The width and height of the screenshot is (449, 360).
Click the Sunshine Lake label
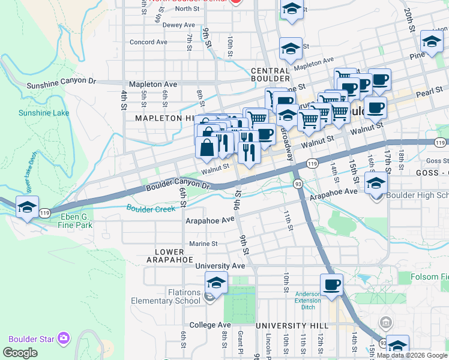click(x=43, y=113)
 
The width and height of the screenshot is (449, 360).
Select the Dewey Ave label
click(x=179, y=25)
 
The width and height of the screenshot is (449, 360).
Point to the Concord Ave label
click(x=148, y=42)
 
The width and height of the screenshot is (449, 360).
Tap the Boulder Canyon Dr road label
click(x=178, y=184)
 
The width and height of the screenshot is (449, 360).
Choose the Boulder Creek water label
click(x=151, y=208)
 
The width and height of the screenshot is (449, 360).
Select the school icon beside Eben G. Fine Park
click(x=27, y=207)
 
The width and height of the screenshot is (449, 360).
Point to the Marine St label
click(x=203, y=244)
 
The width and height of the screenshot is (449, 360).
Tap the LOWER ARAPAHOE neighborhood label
click(x=169, y=256)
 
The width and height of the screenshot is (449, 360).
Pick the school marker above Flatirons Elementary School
click(x=216, y=282)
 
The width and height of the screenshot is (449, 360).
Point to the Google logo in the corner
click(x=20, y=353)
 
